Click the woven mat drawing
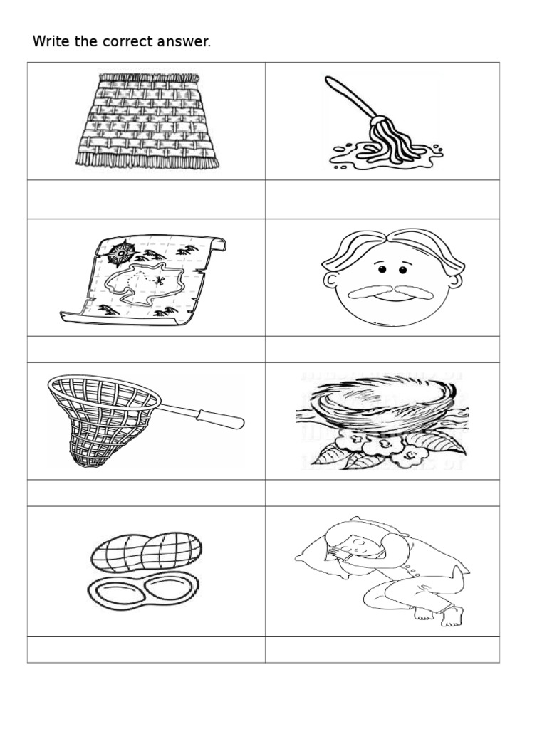coord(147,120)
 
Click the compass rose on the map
coord(123,251)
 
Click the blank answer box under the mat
coord(147,199)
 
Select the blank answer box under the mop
coord(382,199)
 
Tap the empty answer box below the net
coord(147,493)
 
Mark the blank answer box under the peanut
coord(147,649)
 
